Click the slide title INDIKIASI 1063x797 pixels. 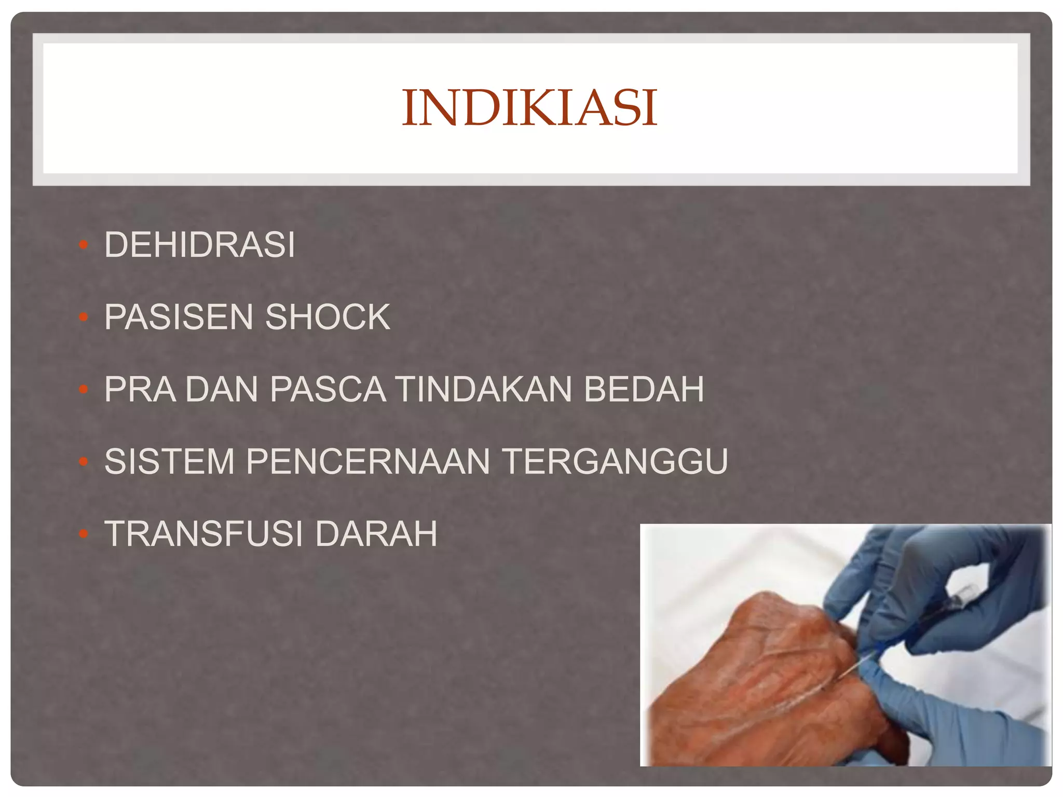(530, 108)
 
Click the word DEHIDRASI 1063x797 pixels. (200, 245)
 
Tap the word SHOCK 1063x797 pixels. (328, 317)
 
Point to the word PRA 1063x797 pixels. (140, 389)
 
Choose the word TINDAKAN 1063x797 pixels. (483, 389)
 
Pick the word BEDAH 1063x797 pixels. (644, 389)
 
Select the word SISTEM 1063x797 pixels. (169, 461)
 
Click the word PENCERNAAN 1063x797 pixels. (367, 461)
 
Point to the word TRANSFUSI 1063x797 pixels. (204, 534)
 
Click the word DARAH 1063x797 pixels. (376, 534)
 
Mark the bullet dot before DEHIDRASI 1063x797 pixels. (84, 244)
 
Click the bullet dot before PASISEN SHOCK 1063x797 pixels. (84, 317)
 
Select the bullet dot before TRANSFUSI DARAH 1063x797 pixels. (84, 533)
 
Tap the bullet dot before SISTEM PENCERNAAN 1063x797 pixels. (84, 461)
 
